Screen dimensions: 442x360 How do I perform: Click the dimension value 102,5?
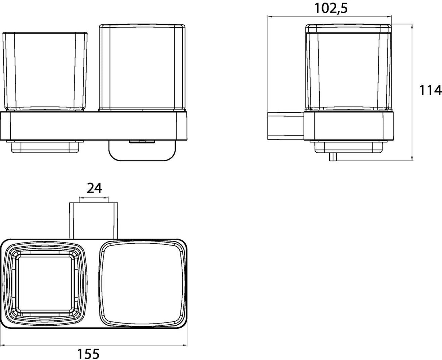pyautogui.click(x=331, y=8)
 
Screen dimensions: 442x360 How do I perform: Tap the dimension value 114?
pyautogui.click(x=431, y=90)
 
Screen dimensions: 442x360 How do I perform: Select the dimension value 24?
pyautogui.click(x=94, y=188)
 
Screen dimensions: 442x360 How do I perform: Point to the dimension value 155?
pyautogui.click(x=88, y=354)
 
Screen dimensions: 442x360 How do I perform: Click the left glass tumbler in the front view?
pyautogui.click(x=45, y=71)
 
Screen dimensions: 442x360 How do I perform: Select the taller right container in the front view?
pyautogui.click(x=142, y=68)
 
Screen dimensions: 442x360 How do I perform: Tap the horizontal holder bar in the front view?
pyautogui.click(x=94, y=126)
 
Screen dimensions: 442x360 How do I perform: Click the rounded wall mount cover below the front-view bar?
pyautogui.click(x=142, y=151)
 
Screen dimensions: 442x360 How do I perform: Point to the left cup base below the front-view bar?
pyautogui.click(x=45, y=147)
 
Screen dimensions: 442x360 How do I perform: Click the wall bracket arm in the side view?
pyautogui.click(x=286, y=126)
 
